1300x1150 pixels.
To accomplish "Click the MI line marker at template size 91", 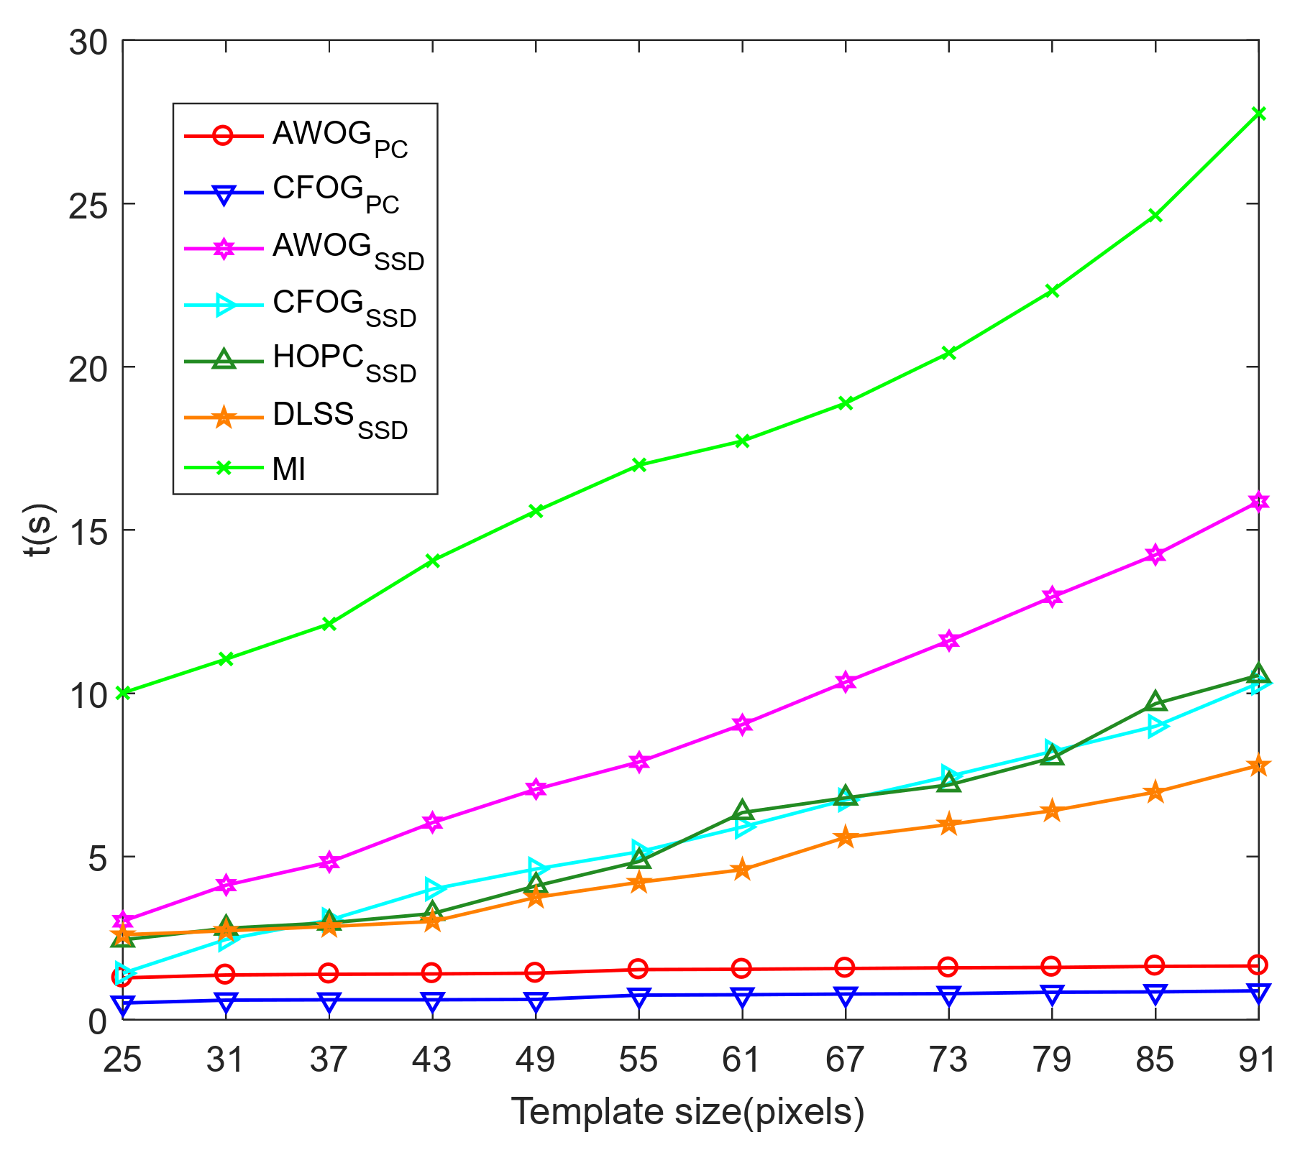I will [1258, 114].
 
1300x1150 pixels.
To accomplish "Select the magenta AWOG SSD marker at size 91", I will [1258, 502].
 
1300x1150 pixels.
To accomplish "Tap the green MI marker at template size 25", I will [123, 693].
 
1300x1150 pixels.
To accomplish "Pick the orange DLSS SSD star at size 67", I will [846, 837].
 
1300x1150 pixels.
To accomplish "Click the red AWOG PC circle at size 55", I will [638, 969].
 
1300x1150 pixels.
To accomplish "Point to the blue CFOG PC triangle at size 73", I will [948, 995].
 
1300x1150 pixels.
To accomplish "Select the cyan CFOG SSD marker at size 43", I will [432, 888].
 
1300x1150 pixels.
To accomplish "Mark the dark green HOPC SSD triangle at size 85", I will [1155, 701].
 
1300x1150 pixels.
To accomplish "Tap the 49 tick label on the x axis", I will [536, 1059].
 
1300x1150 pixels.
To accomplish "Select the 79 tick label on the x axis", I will [1052, 1059].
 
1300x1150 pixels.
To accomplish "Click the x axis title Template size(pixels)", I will [687, 1112].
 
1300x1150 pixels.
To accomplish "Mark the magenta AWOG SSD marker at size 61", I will [742, 724].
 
